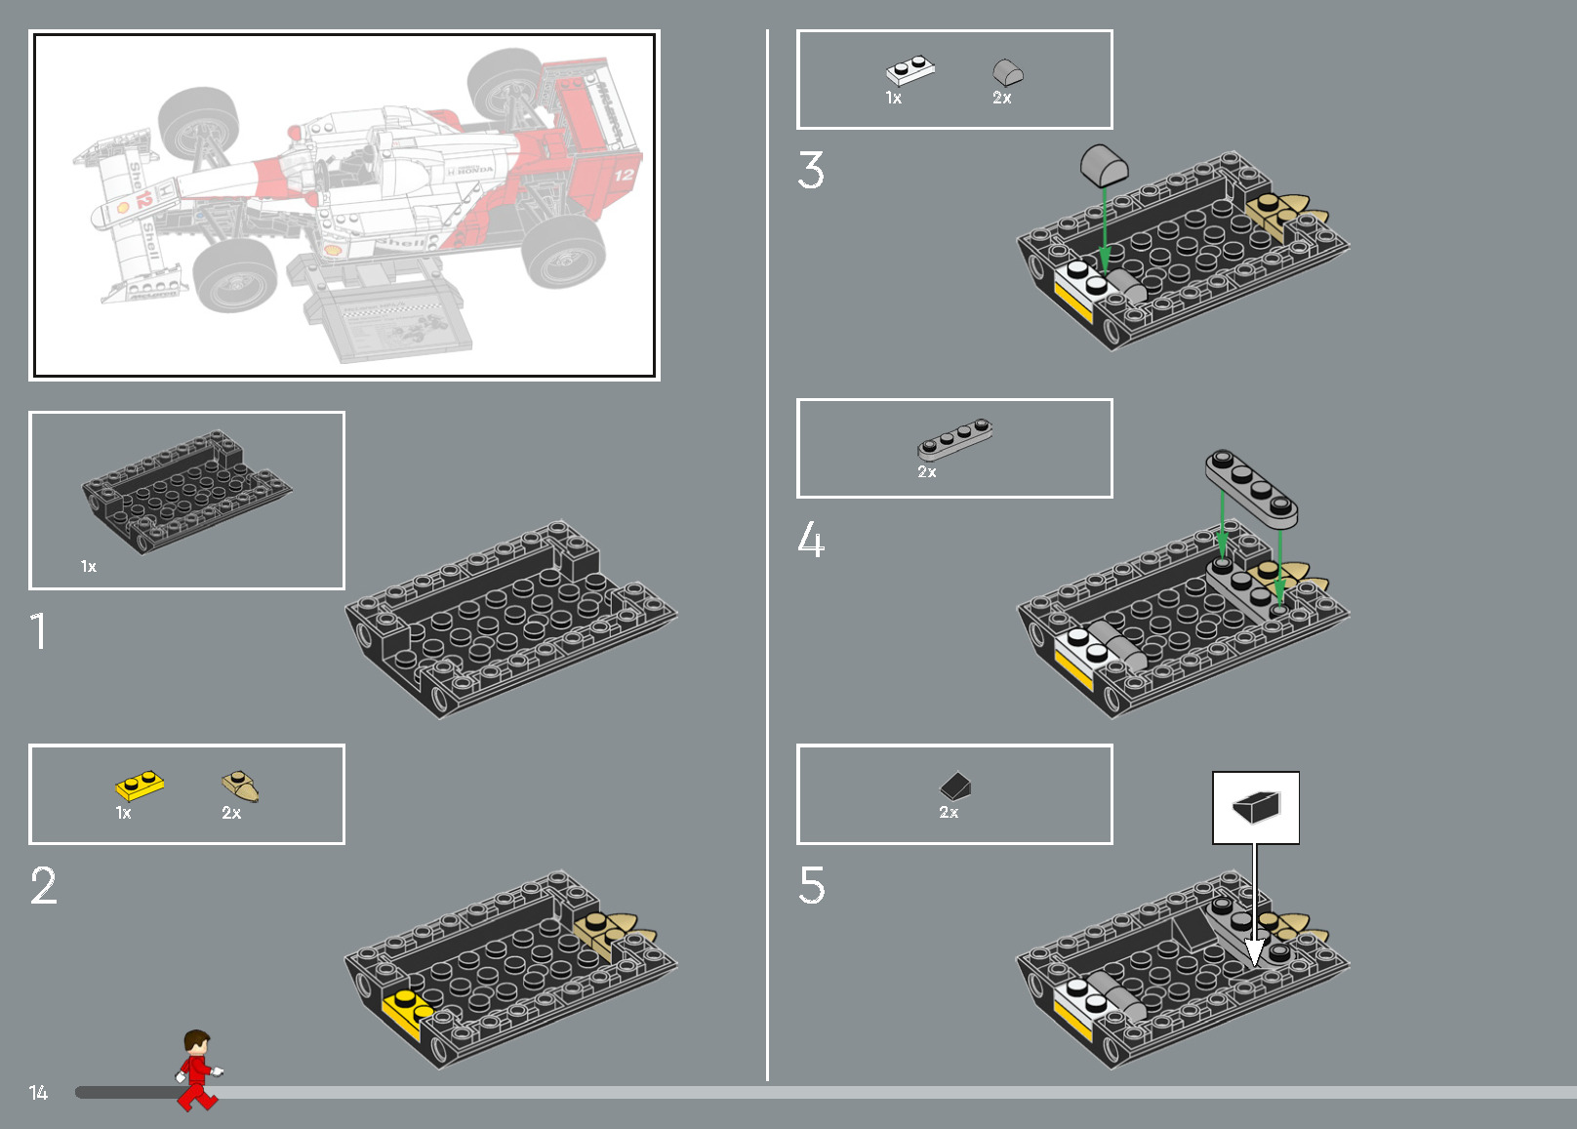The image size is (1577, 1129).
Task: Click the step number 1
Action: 38,631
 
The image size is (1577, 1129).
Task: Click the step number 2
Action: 44,886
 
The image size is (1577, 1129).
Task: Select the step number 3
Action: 811,170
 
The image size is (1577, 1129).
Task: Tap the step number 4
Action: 811,540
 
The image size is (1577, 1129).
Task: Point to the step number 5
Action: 812,886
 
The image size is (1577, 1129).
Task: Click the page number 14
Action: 38,1093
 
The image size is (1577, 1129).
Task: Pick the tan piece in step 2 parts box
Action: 240,786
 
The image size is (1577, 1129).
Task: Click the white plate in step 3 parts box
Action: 910,70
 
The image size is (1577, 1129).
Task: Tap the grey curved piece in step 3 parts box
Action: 1008,71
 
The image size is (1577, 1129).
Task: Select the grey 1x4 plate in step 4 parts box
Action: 955,439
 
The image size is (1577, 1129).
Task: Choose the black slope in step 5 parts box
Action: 956,786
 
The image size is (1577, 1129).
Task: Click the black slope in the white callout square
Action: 1256,807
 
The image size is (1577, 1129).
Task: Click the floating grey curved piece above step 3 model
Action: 1104,165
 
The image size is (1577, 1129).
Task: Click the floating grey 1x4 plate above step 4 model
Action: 1251,488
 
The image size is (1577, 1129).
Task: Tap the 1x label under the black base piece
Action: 89,567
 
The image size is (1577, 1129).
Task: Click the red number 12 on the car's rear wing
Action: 624,176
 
